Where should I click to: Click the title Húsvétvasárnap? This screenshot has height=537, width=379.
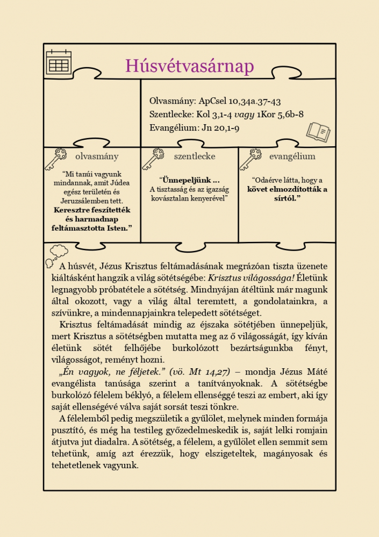tap(189, 66)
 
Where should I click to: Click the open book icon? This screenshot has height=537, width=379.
tap(318, 132)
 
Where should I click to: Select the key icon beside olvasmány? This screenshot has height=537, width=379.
tap(55, 159)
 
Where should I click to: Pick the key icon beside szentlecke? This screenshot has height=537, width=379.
tap(153, 159)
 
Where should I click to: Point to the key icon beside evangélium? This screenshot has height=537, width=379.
tap(250, 159)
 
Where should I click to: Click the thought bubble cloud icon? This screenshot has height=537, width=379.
tap(56, 253)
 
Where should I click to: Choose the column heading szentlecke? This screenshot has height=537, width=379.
tap(195, 156)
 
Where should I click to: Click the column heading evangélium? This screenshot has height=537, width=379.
tap(292, 156)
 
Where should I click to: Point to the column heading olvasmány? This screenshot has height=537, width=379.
tap(97, 156)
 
